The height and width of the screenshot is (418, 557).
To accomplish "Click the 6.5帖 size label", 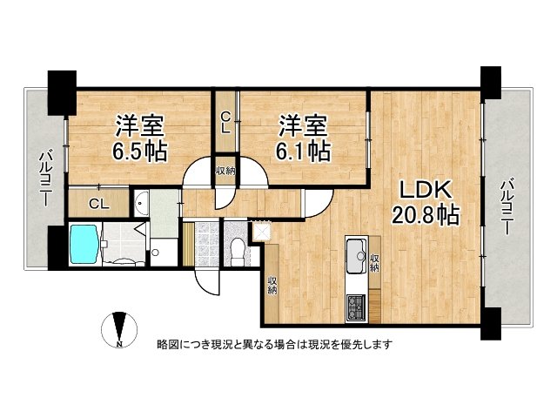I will [139, 151].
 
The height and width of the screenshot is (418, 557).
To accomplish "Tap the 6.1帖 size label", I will [304, 151].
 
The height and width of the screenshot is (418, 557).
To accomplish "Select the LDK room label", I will [424, 189].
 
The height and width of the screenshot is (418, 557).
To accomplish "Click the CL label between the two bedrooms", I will [225, 123].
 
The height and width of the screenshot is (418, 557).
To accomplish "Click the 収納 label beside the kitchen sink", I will [375, 260].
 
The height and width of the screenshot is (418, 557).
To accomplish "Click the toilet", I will [235, 247].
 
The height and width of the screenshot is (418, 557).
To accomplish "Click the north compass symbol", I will [119, 332].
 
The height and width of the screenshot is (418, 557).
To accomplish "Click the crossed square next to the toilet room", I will [261, 231].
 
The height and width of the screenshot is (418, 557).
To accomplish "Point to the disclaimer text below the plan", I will [273, 344].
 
